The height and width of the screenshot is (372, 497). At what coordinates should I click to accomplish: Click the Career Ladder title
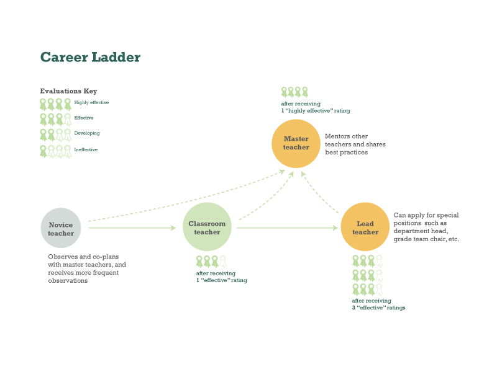90,57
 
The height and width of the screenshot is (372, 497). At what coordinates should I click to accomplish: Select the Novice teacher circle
61,228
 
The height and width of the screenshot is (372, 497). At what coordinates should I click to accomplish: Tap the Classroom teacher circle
207,227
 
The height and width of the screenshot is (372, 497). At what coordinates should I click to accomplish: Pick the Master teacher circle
296,144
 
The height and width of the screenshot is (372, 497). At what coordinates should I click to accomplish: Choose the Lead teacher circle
365,227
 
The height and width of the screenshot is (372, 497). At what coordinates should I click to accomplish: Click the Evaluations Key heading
68,91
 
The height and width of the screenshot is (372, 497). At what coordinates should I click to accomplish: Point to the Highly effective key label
91,102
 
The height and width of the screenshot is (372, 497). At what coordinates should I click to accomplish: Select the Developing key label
87,133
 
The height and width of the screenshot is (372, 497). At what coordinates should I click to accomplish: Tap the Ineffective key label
86,149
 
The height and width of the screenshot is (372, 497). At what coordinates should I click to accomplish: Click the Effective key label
84,118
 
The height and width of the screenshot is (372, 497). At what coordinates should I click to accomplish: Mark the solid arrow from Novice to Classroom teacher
132,228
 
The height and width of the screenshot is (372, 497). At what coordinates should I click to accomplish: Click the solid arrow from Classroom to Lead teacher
287,228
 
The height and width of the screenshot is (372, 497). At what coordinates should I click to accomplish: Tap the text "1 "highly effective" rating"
316,111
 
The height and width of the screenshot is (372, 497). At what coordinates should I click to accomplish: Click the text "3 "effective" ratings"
378,308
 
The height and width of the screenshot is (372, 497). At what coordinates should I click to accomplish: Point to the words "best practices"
347,153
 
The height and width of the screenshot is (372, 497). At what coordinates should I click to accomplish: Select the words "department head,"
421,231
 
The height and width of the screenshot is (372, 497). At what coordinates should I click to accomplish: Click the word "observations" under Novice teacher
68,281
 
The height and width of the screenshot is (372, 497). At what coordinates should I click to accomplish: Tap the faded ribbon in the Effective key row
68,120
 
